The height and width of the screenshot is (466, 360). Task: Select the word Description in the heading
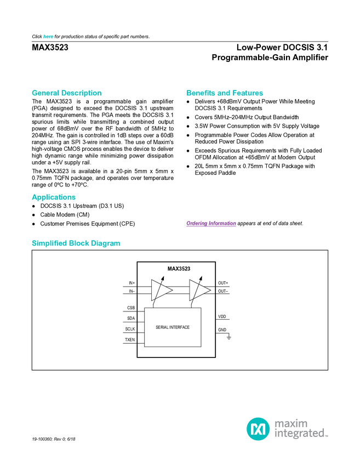82,93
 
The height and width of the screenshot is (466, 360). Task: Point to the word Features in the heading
248,93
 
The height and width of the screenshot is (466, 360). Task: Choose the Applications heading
54,197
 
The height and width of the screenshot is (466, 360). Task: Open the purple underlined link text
211,224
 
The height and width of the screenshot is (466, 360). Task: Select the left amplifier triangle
161,290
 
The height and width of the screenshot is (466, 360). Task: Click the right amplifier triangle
199,290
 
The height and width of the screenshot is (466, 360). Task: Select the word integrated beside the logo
300,434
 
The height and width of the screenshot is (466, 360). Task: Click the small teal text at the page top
48,37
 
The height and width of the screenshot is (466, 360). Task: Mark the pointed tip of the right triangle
210,290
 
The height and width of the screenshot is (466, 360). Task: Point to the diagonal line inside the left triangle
157,291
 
